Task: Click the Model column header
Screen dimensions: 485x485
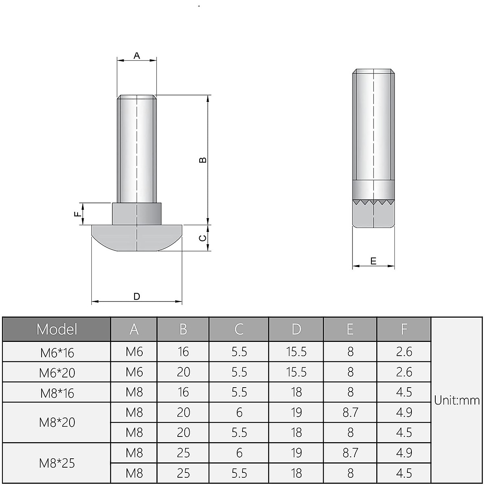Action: pyautogui.click(x=57, y=329)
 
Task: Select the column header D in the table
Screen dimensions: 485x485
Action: pyautogui.click(x=296, y=329)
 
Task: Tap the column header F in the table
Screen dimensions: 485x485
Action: pyautogui.click(x=404, y=329)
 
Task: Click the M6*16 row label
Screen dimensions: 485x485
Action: pyautogui.click(x=57, y=352)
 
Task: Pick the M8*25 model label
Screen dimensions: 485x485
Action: pyautogui.click(x=57, y=463)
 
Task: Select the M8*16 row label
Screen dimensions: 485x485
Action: pyautogui.click(x=57, y=393)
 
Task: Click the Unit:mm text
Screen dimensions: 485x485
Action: pyautogui.click(x=457, y=401)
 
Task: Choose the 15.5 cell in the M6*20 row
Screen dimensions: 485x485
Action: pyautogui.click(x=296, y=372)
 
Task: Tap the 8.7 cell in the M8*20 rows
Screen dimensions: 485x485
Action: pyautogui.click(x=350, y=413)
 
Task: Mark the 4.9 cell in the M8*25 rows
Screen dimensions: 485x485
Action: pyautogui.click(x=404, y=453)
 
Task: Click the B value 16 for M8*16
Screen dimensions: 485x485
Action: pyautogui.click(x=183, y=392)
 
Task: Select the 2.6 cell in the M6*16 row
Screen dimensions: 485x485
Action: pyautogui.click(x=404, y=352)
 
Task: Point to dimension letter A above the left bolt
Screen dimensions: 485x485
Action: pyautogui.click(x=137, y=55)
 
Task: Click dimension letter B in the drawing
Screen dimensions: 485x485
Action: pyautogui.click(x=203, y=160)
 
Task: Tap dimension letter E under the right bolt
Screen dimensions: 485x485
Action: pyautogui.click(x=373, y=261)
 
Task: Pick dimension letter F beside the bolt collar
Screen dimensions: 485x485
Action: pyautogui.click(x=77, y=214)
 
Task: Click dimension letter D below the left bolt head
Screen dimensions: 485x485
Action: pyautogui.click(x=137, y=296)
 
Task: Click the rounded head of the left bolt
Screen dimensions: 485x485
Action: pyautogui.click(x=137, y=238)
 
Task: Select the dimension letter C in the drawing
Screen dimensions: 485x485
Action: pyautogui.click(x=203, y=238)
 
